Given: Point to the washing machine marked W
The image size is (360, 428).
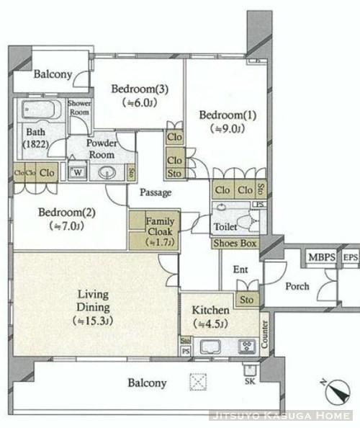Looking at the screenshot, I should tap(76, 173).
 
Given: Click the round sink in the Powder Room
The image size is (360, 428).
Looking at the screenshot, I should tap(108, 173).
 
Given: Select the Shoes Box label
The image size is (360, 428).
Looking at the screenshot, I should tap(235, 244).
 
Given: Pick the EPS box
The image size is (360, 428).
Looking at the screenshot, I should tap(350, 257).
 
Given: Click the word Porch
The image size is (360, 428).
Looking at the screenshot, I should tap(297, 286).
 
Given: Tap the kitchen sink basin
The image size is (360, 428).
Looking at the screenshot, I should tap(211, 347).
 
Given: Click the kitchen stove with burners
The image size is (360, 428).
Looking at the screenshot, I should tap(248, 347).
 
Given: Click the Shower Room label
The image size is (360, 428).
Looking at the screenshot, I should tap(79, 108).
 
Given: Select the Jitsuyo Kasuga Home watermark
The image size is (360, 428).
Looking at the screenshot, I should tap(282, 416).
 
